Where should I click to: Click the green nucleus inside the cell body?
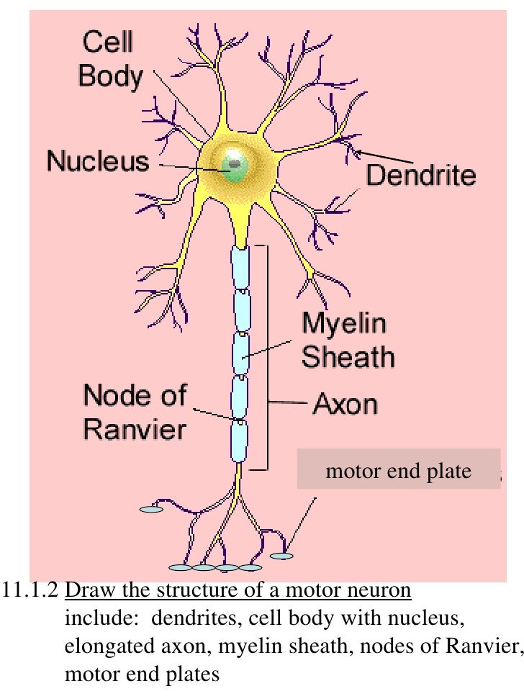tap(235, 166)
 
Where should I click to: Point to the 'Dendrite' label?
tap(421, 175)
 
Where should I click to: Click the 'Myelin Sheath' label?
tap(347, 341)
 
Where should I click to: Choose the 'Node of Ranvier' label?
tap(135, 412)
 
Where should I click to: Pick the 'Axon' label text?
tap(345, 404)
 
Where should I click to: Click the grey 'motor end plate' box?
tap(398, 471)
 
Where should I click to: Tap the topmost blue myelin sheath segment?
tap(240, 268)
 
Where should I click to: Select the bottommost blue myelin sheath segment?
tap(239, 441)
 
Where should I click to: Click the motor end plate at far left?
tap(151, 509)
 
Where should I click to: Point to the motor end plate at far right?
tap(282, 556)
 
